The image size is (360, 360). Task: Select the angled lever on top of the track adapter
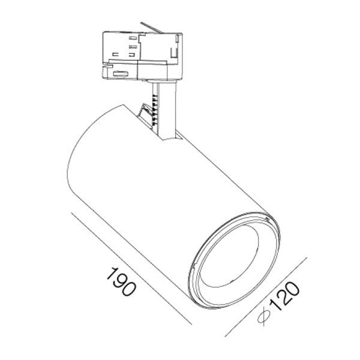tap(152, 28)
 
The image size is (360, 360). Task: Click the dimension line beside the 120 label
tap(267, 297)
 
